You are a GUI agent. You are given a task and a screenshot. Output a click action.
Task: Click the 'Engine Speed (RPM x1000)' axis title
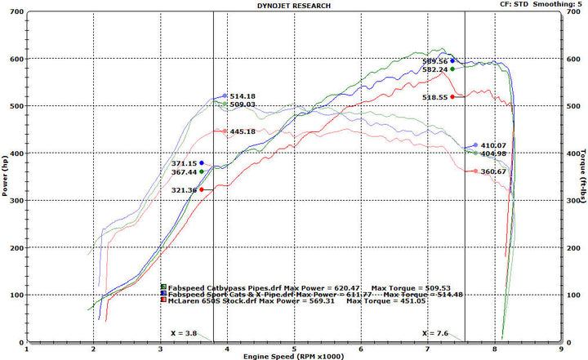point(294,356)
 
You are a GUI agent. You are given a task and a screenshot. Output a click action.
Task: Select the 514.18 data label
point(243,96)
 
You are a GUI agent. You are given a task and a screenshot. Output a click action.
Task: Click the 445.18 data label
point(243,131)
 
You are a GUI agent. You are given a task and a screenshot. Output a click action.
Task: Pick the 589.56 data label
point(434,61)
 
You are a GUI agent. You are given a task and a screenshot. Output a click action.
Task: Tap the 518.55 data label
point(434,97)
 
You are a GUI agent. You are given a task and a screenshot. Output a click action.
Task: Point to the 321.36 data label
point(184,190)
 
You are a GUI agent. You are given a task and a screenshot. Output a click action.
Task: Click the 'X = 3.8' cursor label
point(184,333)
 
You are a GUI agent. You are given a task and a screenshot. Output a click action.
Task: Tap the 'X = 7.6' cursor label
point(435,333)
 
